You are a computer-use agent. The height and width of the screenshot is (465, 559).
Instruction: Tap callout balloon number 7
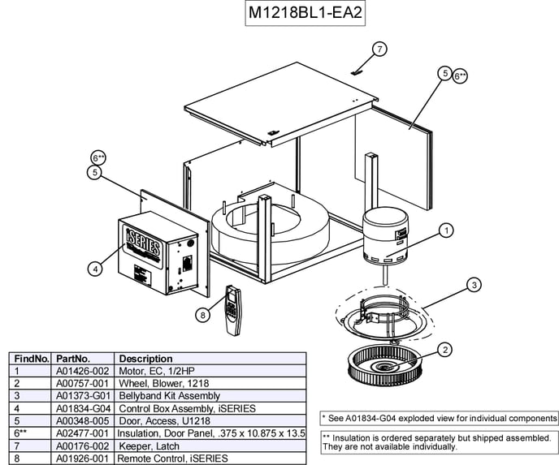click(x=379, y=50)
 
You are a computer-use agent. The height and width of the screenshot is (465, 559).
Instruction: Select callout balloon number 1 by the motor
click(x=446, y=230)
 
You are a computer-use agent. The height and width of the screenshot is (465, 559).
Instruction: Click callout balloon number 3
click(x=474, y=285)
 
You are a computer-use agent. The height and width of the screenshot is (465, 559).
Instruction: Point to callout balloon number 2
click(x=445, y=350)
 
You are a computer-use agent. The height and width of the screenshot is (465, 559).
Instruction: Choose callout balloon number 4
click(x=96, y=267)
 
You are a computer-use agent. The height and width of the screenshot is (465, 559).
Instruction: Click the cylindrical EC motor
click(x=385, y=236)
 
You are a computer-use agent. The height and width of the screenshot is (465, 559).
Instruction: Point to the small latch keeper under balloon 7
click(x=355, y=71)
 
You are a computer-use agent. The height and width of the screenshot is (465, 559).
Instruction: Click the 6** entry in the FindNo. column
click(x=22, y=433)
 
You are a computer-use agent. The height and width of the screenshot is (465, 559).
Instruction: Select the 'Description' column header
click(x=145, y=358)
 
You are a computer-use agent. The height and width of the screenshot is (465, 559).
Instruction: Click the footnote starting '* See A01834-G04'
click(x=440, y=418)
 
